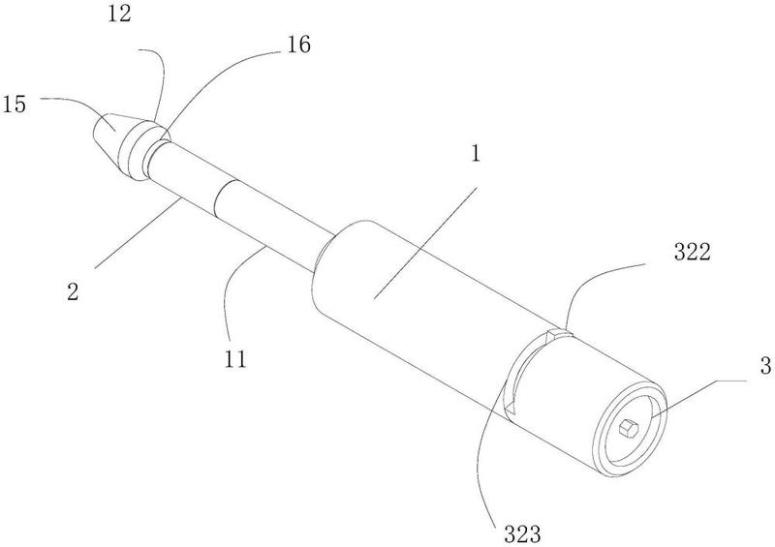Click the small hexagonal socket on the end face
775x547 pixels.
(x=629, y=426)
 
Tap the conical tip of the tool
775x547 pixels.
(x=115, y=131)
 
